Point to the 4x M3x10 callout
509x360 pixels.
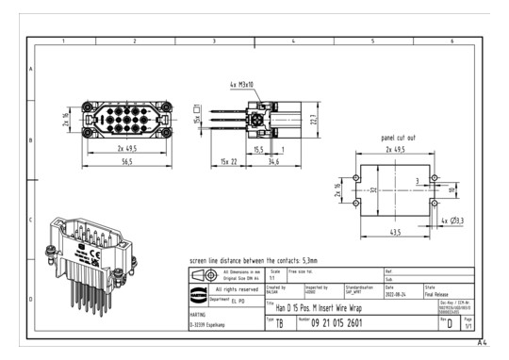242,85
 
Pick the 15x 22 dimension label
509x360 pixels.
226,162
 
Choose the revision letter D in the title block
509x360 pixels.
449,322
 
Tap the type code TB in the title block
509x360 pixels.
279,322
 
